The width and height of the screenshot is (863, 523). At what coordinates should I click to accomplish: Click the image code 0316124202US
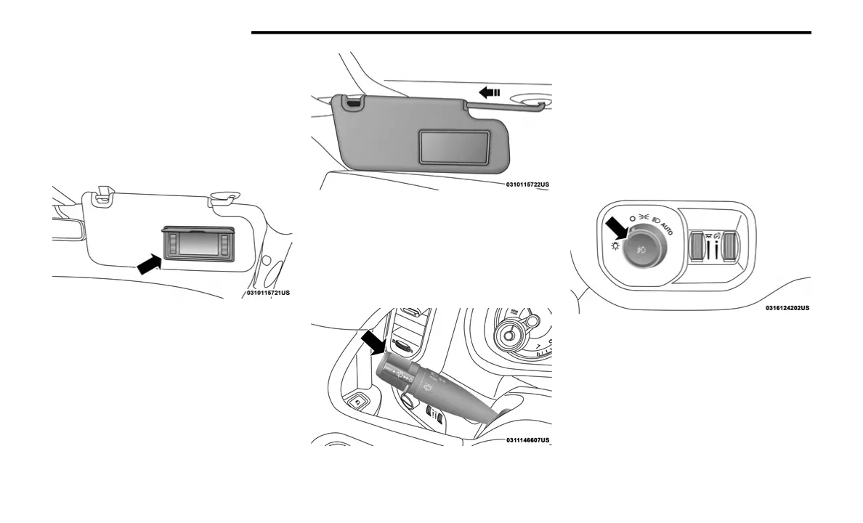pyautogui.click(x=787, y=307)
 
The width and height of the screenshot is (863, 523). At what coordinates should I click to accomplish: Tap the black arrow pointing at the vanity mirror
pyautogui.click(x=148, y=263)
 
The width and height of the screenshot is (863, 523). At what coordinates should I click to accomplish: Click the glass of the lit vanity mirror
pyautogui.click(x=200, y=243)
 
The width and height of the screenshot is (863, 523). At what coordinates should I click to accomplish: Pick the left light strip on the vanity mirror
pyautogui.click(x=173, y=243)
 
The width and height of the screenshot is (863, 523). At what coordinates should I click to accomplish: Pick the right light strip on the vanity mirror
pyautogui.click(x=227, y=243)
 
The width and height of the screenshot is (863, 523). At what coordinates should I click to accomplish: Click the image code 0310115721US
pyautogui.click(x=272, y=293)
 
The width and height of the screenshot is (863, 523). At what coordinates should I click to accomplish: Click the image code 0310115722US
pyautogui.click(x=527, y=185)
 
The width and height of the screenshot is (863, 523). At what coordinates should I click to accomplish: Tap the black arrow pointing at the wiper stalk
pyautogui.click(x=373, y=341)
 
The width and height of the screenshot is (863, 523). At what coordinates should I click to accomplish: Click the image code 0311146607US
pyautogui.click(x=527, y=439)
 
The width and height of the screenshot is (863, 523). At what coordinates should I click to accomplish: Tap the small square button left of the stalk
pyautogui.click(x=357, y=400)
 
